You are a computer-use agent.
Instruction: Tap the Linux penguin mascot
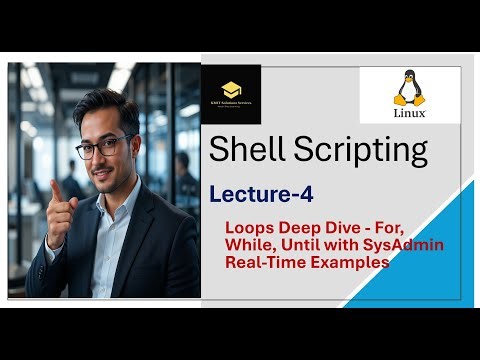coord(409,88)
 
